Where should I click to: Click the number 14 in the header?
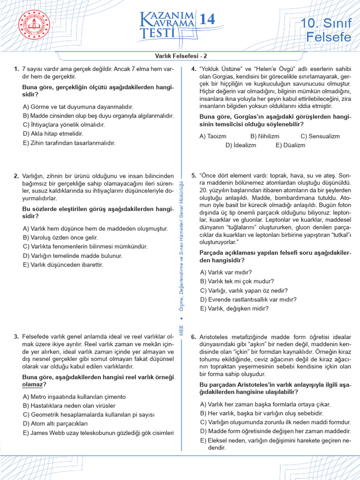(x=207, y=19)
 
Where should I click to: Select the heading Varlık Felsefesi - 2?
(x=180, y=55)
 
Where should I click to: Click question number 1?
(x=16, y=69)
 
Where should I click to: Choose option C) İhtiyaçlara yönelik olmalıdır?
(x=64, y=125)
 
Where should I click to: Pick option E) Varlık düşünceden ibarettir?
(x=63, y=265)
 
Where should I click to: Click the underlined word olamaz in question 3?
(x=32, y=384)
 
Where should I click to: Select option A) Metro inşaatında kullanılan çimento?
(x=74, y=397)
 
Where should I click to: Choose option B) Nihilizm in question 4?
(x=264, y=136)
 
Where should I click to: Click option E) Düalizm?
(x=290, y=145)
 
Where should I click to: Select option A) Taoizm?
(x=213, y=136)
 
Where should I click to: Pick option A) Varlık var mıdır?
(x=226, y=272)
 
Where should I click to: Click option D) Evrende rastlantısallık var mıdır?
(x=248, y=300)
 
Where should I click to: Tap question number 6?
(x=194, y=337)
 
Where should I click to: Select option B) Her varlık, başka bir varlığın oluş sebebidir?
(x=262, y=413)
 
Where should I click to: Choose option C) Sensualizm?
(x=320, y=136)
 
